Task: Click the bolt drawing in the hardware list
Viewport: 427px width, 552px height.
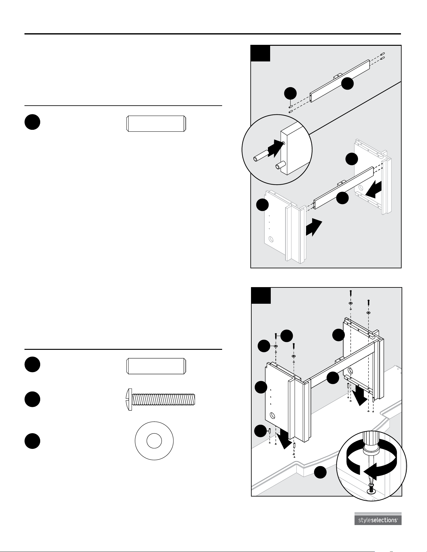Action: [x=160, y=399]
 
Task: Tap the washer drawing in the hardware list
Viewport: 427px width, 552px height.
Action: [x=154, y=441]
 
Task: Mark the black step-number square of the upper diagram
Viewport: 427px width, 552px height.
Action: [x=260, y=53]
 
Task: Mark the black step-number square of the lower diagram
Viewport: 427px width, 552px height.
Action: [x=261, y=296]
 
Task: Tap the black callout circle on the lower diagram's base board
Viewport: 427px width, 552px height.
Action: [x=321, y=473]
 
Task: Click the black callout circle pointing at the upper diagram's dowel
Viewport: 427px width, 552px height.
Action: [x=290, y=93]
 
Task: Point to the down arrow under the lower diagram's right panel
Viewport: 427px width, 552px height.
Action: [x=359, y=396]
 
